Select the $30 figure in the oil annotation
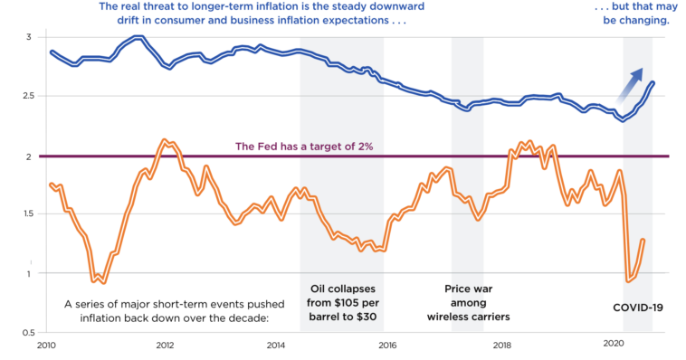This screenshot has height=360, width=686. tap(366, 317)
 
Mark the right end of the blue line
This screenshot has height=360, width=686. tap(654, 82)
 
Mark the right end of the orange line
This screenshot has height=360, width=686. tap(643, 240)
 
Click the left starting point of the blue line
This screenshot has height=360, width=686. tap(50, 52)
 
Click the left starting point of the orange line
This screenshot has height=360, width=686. tap(50, 185)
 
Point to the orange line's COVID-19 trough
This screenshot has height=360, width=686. tap(629, 280)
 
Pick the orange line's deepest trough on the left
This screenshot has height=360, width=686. tap(103, 282)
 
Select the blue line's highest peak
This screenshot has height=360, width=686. tap(138, 37)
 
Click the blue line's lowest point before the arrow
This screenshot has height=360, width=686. tap(622, 119)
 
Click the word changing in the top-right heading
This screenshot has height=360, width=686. tap(646, 20)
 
